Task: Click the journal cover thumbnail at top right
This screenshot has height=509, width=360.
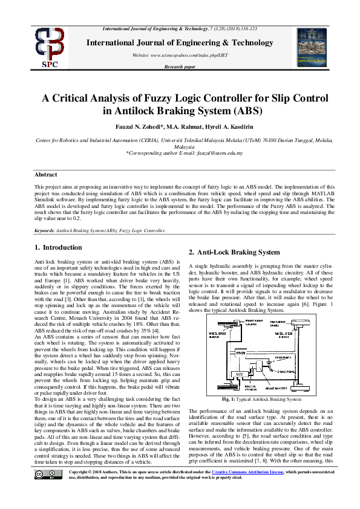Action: pyautogui.click(x=312, y=46)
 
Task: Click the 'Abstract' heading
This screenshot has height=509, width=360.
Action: pyautogui.click(x=46, y=174)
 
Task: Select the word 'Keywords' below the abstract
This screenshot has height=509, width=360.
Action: pyautogui.click(x=45, y=230)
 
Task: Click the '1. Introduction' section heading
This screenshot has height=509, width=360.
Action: pyautogui.click(x=58, y=247)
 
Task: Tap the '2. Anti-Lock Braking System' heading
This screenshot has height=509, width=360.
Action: pyautogui.click(x=235, y=252)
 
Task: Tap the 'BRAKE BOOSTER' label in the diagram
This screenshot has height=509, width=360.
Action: pyautogui.click(x=276, y=389)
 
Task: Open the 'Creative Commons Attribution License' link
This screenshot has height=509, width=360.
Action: pyautogui.click(x=235, y=488)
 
